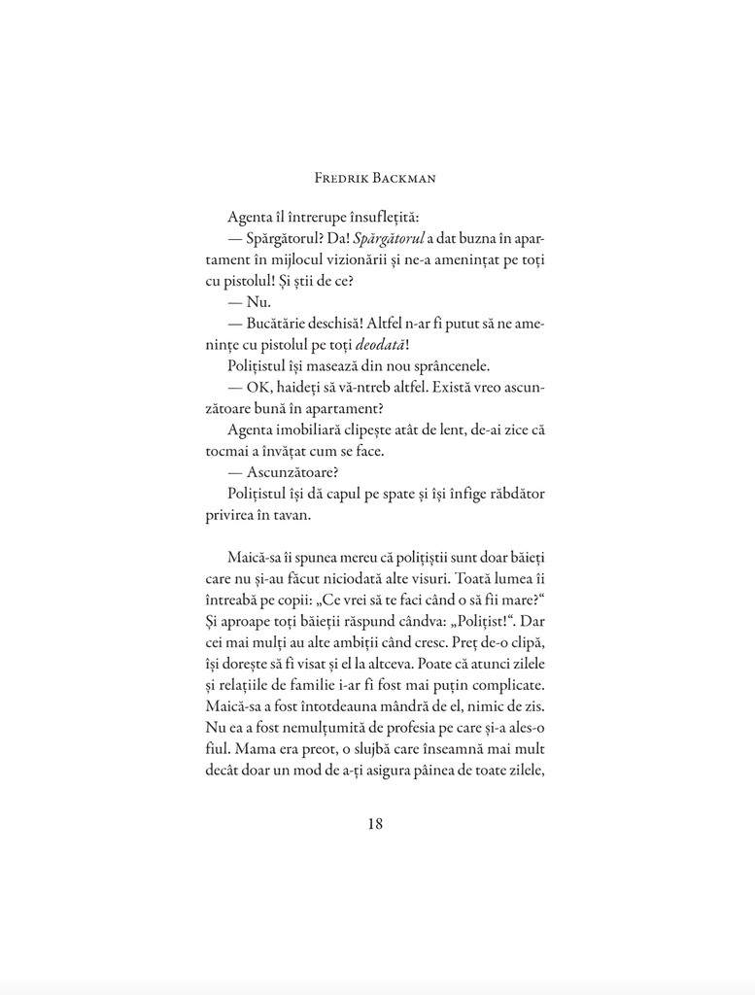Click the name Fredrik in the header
pos(344,178)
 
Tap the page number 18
pos(377,824)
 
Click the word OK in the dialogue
pos(258,388)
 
